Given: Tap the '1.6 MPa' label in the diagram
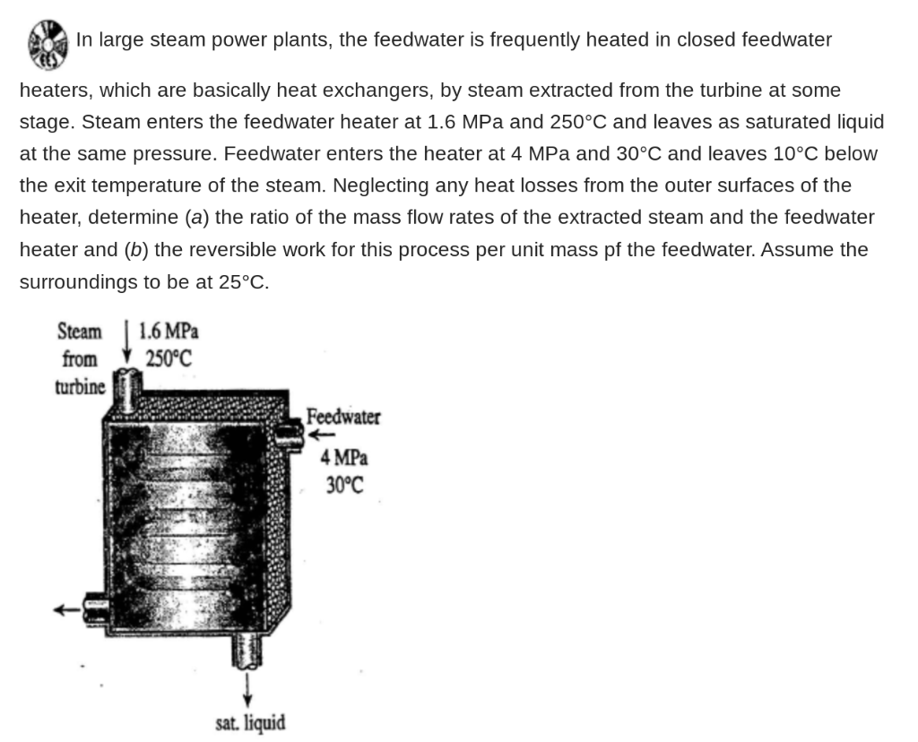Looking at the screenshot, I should tap(169, 331).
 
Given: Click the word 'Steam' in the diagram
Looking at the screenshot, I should tap(80, 332).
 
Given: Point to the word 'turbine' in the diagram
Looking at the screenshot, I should tap(80, 387).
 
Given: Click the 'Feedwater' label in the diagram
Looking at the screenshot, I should tap(343, 417).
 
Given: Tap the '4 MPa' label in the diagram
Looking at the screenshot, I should tap(344, 458).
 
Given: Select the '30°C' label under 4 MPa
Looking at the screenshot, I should tap(344, 486).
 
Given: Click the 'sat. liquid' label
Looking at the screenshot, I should tap(250, 721).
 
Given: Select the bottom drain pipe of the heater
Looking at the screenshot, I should tap(246, 650).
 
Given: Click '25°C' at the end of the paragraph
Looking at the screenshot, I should tap(242, 282).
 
